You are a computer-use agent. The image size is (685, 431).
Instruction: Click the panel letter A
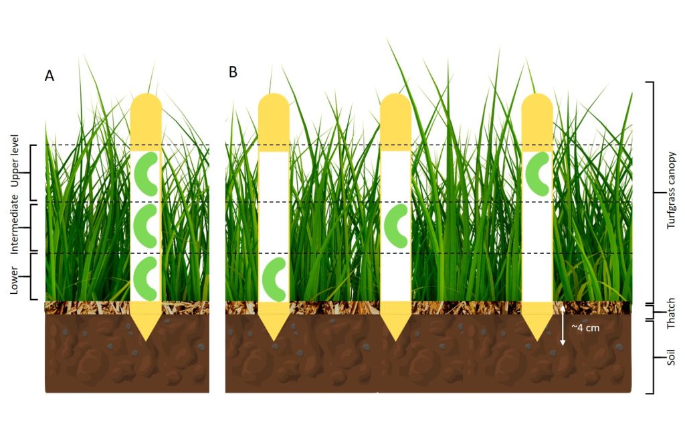pyautogui.click(x=50, y=76)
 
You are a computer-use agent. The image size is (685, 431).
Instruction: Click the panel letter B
pyautogui.click(x=233, y=72)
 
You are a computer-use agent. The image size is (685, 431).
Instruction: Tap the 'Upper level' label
pyautogui.click(x=15, y=161)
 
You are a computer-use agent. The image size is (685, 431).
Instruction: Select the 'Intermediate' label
pyautogui.click(x=15, y=224)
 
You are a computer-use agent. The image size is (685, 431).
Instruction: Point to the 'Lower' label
pyautogui.click(x=14, y=280)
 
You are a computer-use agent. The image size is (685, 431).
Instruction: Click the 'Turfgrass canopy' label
pyautogui.click(x=672, y=191)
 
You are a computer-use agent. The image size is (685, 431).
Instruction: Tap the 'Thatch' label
pyautogui.click(x=672, y=313)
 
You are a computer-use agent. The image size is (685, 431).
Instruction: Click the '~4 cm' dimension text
pyautogui.click(x=585, y=327)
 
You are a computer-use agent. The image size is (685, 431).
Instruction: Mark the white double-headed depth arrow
pyautogui.click(x=563, y=325)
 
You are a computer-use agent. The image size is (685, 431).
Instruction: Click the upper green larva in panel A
pyautogui.click(x=146, y=174)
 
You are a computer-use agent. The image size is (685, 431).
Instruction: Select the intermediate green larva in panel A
pyautogui.click(x=146, y=226)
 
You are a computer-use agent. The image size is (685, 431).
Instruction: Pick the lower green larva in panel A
pyautogui.click(x=145, y=278)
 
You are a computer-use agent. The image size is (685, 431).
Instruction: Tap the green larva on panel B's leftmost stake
pyautogui.click(x=274, y=280)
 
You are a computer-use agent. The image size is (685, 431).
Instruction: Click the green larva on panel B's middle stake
pyautogui.click(x=396, y=226)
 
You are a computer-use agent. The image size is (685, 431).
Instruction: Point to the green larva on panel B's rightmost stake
pyautogui.click(x=537, y=174)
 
